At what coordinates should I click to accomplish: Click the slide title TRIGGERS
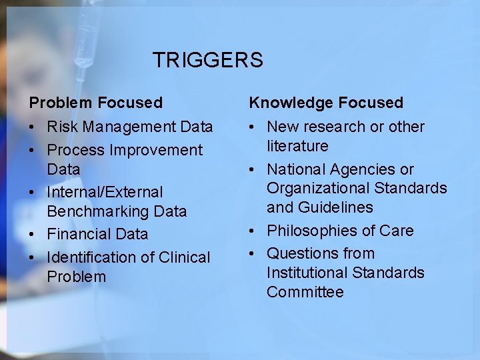[207, 61]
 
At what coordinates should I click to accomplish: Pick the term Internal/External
[105, 193]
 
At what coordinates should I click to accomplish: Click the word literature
[297, 145]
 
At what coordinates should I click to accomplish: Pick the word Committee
[305, 292]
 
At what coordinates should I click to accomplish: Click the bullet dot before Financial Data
[32, 235]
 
